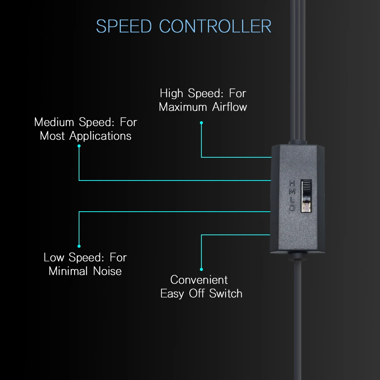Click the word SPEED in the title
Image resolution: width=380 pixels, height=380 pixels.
coord(124,26)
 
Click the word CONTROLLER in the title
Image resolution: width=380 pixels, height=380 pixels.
coord(215,26)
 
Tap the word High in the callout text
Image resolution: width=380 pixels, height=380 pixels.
coord(171,93)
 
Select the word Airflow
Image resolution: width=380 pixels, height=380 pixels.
coord(230,107)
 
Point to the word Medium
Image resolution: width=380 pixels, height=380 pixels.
coord(54,122)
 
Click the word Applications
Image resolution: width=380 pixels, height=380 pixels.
coord(100,136)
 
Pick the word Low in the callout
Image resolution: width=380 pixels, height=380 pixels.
coord(54,257)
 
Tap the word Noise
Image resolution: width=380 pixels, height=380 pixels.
coord(108,271)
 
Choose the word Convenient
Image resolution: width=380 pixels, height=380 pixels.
coord(199,280)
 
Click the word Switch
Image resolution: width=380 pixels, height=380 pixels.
coord(226,293)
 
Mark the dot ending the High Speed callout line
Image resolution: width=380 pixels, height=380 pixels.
coord(201,123)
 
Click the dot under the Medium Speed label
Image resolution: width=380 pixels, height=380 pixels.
coord(79,146)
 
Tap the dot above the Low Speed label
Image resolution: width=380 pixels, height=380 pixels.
coord(79,246)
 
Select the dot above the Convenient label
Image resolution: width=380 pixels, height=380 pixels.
coord(201,269)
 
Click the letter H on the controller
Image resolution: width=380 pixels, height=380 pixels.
coord(292,183)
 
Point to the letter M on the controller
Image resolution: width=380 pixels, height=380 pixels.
coord(292,192)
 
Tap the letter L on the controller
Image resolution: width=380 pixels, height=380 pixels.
coord(292,200)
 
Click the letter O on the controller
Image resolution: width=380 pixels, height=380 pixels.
coord(292,208)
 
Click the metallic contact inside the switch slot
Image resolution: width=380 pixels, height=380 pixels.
coord(307,206)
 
